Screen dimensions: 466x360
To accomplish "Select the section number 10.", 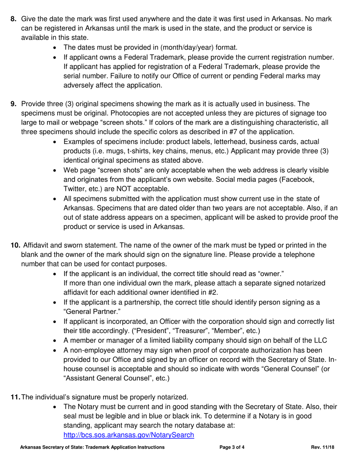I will click(15, 246).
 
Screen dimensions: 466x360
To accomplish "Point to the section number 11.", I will click(16, 397).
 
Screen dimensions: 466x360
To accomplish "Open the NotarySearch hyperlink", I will click(128, 435).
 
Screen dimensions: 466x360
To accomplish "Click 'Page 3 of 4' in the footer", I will click(232, 447).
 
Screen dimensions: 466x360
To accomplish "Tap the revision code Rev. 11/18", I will click(323, 447).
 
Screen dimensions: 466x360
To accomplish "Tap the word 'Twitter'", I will click(74, 189).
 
